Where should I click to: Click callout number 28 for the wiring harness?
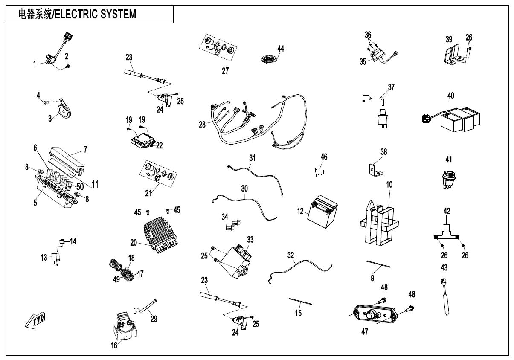pyautogui.click(x=201, y=125)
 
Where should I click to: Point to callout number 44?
pyautogui.click(x=280, y=49)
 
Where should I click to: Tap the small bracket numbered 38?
pyautogui.click(x=374, y=169)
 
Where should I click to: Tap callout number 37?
pyautogui.click(x=391, y=87)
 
